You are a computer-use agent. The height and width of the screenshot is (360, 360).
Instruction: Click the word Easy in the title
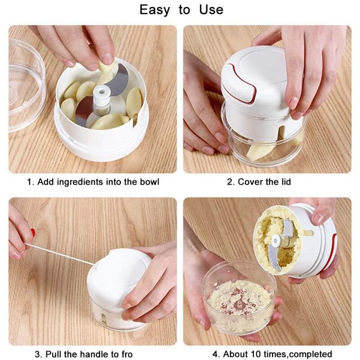point(155,10)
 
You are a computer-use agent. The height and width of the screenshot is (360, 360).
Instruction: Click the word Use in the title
point(211,10)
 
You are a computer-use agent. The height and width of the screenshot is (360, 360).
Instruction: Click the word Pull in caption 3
point(54,354)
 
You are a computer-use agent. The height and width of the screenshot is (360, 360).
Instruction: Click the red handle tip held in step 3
point(33,232)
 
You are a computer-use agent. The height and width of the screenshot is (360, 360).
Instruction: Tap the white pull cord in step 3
point(59,254)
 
